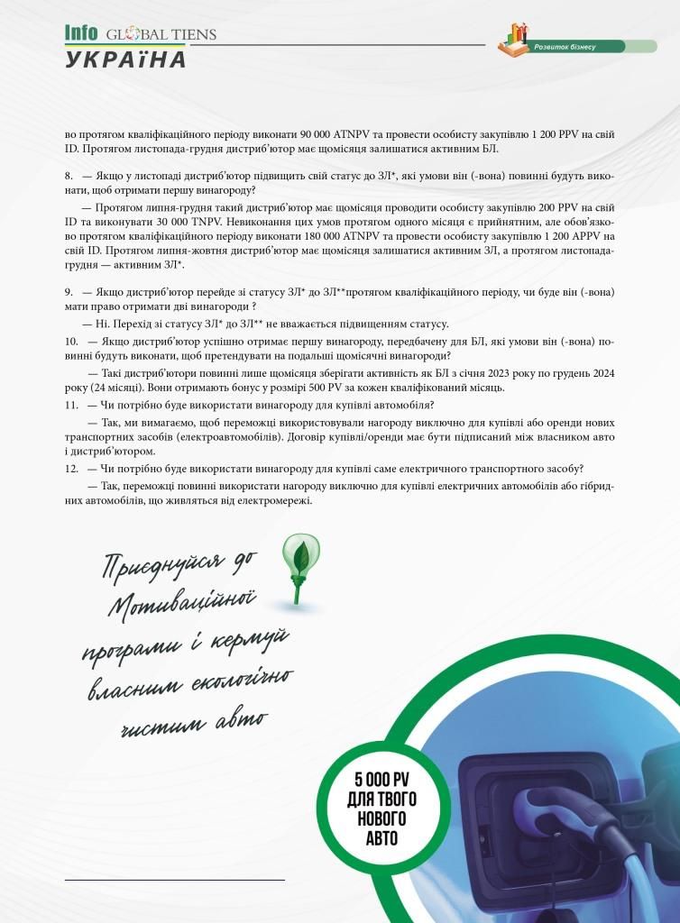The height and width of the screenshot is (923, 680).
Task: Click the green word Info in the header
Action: (x=81, y=32)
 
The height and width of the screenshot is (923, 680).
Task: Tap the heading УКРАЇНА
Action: (x=125, y=59)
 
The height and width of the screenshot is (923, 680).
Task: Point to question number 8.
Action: (x=69, y=174)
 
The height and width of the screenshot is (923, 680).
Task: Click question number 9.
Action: (x=69, y=293)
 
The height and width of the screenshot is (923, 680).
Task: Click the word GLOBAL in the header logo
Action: (x=134, y=35)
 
